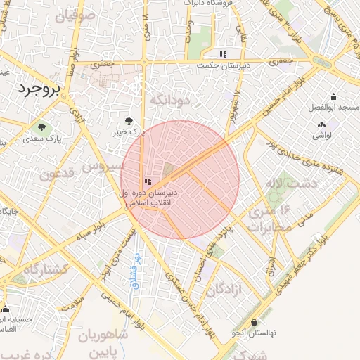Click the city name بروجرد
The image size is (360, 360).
38,89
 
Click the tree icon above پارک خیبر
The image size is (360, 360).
127,121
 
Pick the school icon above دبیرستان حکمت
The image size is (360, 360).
223,54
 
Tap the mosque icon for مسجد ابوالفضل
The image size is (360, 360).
333,97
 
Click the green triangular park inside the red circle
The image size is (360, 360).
169,169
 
